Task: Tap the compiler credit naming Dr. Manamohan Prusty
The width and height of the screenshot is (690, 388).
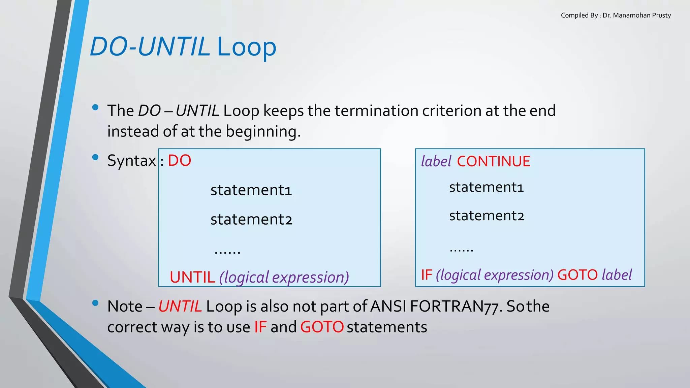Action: pos(616,15)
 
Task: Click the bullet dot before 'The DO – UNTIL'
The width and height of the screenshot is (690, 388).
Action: pos(95,108)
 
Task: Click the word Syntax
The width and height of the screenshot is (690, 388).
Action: pos(131,161)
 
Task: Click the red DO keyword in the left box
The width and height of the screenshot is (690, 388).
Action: pos(179,161)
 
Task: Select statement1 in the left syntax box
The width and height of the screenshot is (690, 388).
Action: pos(251,190)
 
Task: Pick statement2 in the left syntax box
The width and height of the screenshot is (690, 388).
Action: pos(251,220)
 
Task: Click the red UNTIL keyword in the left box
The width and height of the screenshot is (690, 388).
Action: pos(192,277)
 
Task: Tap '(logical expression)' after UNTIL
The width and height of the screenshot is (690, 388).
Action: pos(284,277)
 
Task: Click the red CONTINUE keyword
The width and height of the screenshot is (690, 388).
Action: pos(494,161)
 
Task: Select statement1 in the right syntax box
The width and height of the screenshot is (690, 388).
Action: pos(486,187)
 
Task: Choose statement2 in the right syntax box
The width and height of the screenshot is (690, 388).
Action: pos(487,216)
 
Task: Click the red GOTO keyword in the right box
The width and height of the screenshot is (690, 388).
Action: pos(577,275)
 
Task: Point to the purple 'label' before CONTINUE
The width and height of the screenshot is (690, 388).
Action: pos(436,161)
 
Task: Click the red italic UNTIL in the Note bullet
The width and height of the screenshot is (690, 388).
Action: pos(180,306)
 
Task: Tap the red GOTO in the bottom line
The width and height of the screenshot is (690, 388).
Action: pos(322,327)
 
